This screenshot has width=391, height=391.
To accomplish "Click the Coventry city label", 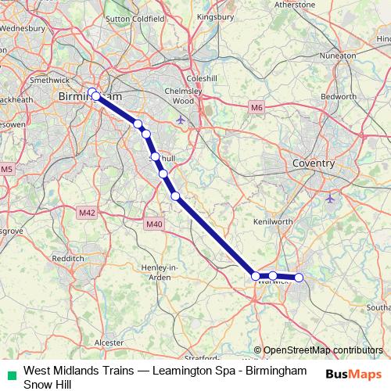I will pyautogui.click(x=312, y=163).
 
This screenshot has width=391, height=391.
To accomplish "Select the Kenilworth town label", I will pyautogui.click(x=273, y=222).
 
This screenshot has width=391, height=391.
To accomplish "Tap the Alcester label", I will pyautogui.click(x=109, y=343).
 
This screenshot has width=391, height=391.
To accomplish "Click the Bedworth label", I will pyautogui.click(x=339, y=95).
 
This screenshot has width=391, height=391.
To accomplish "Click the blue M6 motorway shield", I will pyautogui.click(x=256, y=106).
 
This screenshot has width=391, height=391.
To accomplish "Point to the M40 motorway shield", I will pyautogui.click(x=154, y=224).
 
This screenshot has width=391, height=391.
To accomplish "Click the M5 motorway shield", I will pyautogui.click(x=7, y=169).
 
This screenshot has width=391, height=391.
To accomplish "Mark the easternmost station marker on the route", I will pyautogui.click(x=299, y=278).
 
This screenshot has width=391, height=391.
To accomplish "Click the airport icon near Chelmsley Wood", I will pyautogui.click(x=181, y=120).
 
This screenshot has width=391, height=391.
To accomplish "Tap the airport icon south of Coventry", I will pyautogui.click(x=330, y=198).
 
